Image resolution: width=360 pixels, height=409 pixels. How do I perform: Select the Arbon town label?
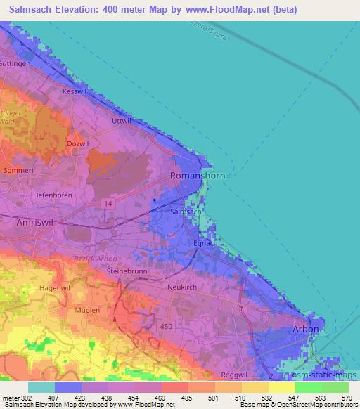(306, 329)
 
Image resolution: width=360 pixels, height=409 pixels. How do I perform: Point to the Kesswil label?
(73, 92)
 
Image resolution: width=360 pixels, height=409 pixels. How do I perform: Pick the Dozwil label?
(76, 144)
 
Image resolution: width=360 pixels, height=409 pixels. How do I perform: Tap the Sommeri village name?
(19, 170)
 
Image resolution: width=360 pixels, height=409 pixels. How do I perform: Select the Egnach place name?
(204, 243)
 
